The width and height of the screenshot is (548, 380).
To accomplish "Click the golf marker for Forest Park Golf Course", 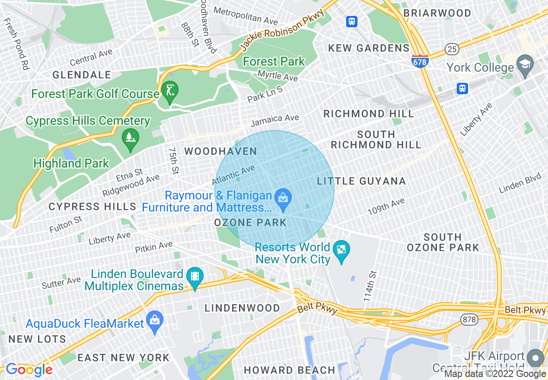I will point(169,91).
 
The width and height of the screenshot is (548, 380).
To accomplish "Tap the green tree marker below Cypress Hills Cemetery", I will point(131,139).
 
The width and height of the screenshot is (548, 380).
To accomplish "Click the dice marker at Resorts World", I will point(341,250).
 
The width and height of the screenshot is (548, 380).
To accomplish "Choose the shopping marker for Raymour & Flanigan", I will point(283,199).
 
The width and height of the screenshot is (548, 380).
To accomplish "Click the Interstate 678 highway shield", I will point(420,61).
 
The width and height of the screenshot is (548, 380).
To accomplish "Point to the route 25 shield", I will point(452,50).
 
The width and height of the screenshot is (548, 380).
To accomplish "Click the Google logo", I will point(29,370).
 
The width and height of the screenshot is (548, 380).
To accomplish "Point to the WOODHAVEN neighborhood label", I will point(220,152).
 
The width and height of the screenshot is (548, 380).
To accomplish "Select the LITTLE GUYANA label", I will point(361,181).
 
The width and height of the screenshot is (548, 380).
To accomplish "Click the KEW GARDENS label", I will point(369,48).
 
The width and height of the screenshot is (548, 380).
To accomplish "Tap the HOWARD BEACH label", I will point(290,370).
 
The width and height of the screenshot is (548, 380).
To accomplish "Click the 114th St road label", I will point(370,286).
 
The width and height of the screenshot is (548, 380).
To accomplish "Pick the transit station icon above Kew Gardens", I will point(352,22).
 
